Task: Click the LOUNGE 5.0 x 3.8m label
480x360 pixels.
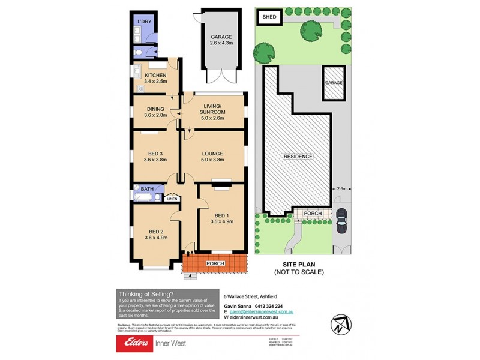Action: pos(212,160)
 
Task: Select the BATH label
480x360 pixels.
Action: pos(148,188)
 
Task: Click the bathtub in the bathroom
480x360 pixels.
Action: pos(145,197)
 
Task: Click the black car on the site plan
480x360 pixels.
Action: pos(342,220)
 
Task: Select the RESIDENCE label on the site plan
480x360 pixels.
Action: pos(298,157)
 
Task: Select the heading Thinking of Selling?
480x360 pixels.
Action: pos(146,294)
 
